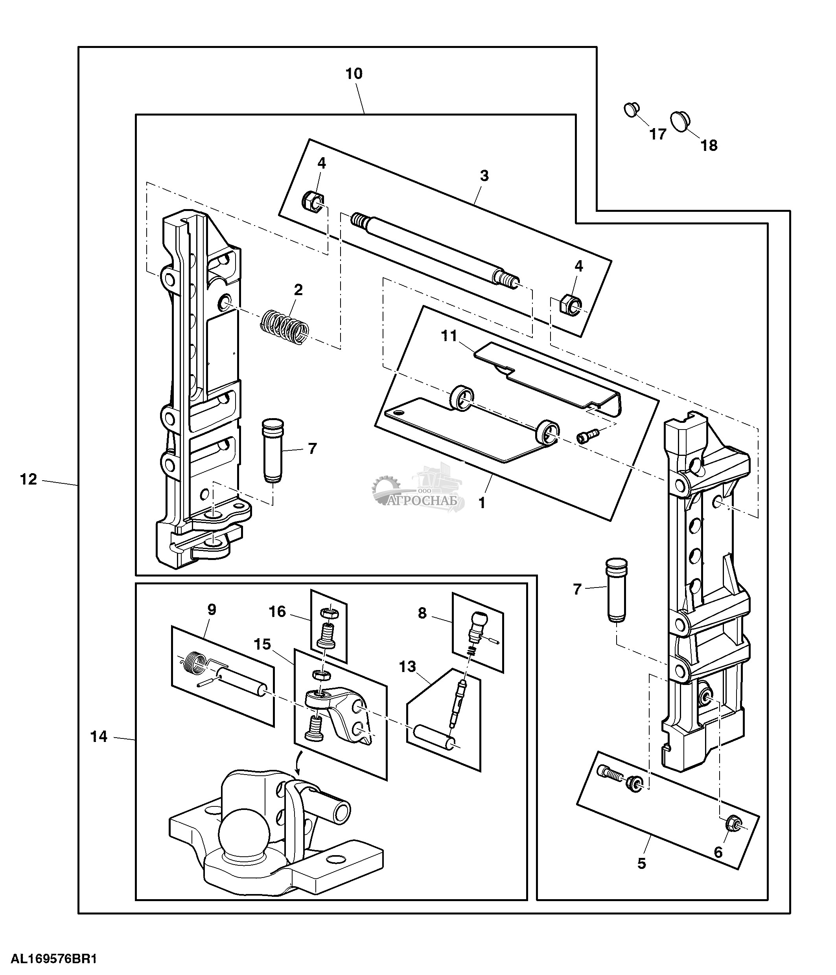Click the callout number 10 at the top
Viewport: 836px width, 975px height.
point(354,74)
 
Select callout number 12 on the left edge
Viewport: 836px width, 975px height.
point(28,479)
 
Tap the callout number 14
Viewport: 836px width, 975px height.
point(99,736)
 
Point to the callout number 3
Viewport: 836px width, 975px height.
point(484,176)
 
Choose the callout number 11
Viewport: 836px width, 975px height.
point(449,336)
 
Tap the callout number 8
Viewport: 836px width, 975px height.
point(422,613)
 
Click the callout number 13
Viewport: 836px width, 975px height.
point(408,667)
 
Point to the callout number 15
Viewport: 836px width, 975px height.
point(262,644)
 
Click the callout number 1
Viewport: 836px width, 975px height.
point(482,503)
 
